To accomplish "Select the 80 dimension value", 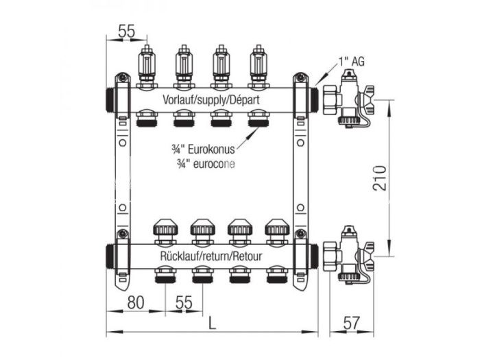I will [x=134, y=302].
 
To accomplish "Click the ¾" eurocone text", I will [x=204, y=163].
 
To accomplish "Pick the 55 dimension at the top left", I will [x=126, y=31].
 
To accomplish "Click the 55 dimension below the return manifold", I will [x=183, y=302].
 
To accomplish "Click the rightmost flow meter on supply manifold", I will [x=258, y=65].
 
